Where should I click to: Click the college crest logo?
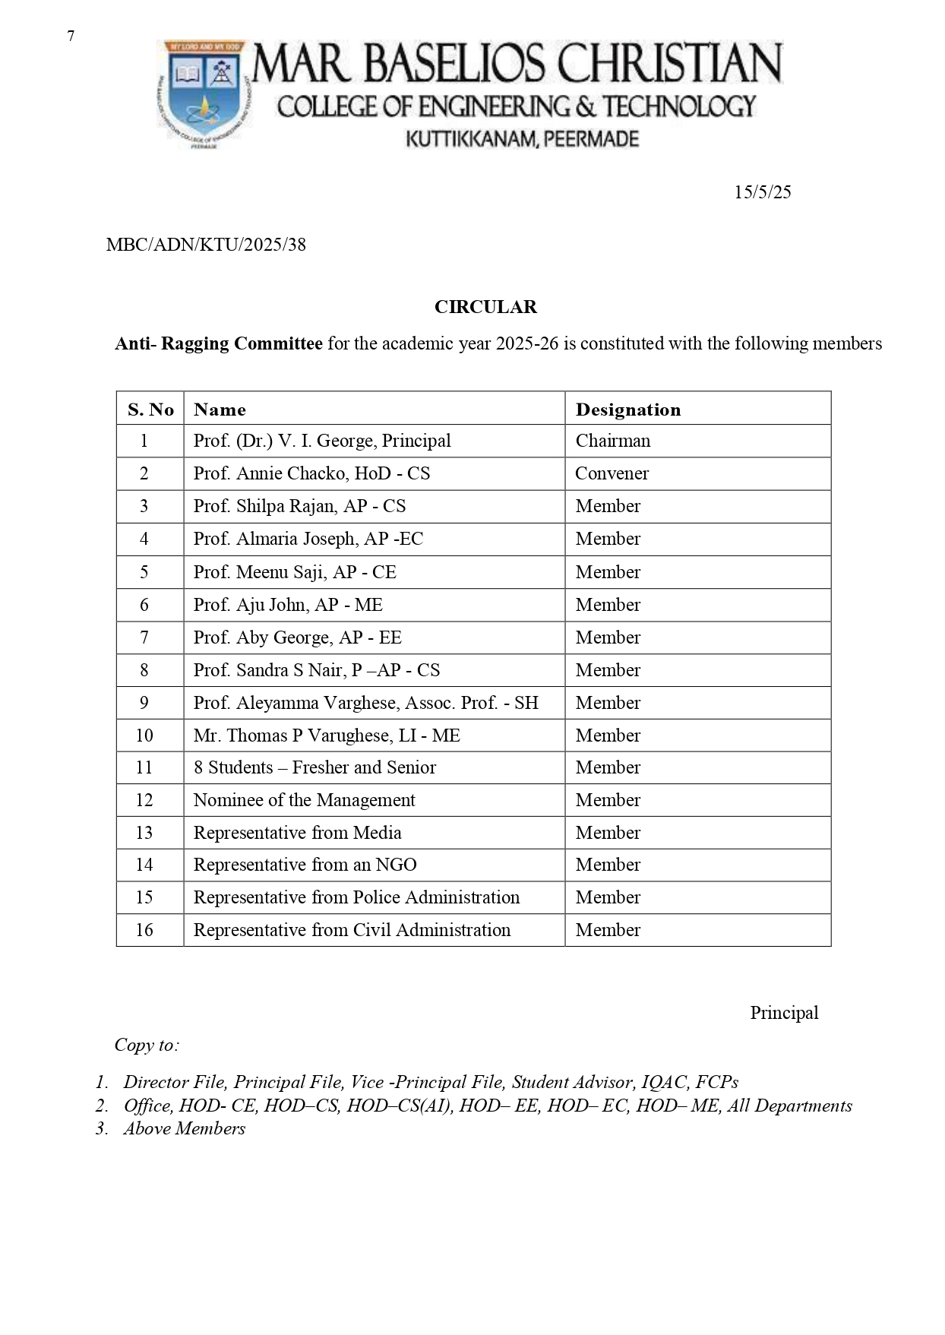(x=203, y=93)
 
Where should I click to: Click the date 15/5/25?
(x=762, y=192)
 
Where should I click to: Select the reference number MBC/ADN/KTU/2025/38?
(x=206, y=245)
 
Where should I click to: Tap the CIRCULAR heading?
(x=485, y=307)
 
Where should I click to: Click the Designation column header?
(x=628, y=410)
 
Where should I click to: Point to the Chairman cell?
(x=613, y=441)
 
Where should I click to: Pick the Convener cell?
(x=612, y=473)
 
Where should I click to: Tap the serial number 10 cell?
(x=144, y=736)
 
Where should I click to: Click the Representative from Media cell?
(x=297, y=833)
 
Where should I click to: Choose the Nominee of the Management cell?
(x=304, y=800)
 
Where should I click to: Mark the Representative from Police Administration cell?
(x=356, y=897)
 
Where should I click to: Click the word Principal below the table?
(x=784, y=1013)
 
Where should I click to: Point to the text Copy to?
(x=147, y=1045)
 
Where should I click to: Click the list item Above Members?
(x=185, y=1128)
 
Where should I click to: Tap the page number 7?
(x=71, y=36)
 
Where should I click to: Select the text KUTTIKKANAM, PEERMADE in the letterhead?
(x=523, y=139)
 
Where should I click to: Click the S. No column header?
(x=150, y=410)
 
